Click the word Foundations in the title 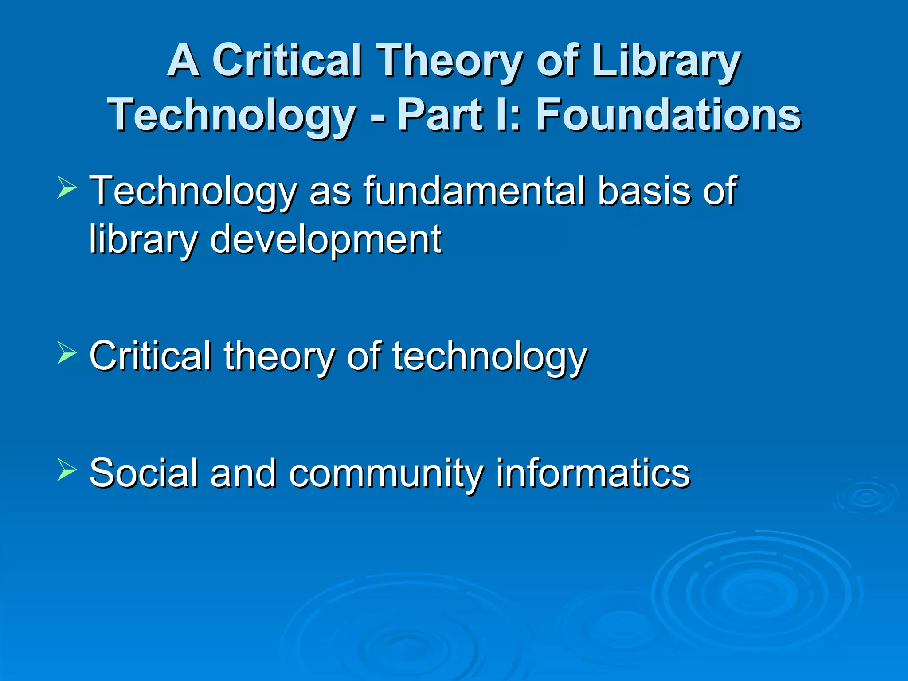point(668,115)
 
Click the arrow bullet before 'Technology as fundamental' point(67,188)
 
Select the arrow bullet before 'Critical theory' point(67,353)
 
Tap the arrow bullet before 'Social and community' point(67,470)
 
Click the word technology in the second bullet point(489,357)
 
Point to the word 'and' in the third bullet point(243,473)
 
